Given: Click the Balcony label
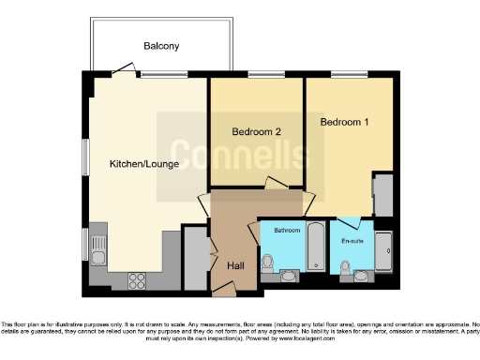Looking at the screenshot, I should [x=161, y=46].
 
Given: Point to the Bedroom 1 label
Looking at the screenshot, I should [x=345, y=123].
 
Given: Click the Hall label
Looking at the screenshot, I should [x=236, y=266].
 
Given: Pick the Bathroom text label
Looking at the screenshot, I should [x=286, y=230].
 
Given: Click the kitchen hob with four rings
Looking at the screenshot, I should [x=136, y=278].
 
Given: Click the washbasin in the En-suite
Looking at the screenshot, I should [x=365, y=275].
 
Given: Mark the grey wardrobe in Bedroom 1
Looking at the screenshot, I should [x=382, y=195].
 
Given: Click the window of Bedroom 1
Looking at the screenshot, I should [x=349, y=75].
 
